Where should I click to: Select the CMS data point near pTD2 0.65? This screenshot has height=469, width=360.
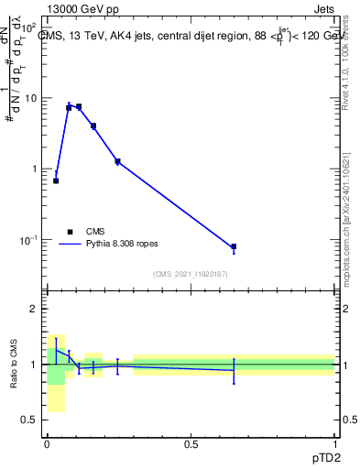coord(234,246)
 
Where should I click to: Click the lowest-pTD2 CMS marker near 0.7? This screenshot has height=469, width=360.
coord(56,180)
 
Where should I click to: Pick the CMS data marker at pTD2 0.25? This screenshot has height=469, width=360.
coord(117,161)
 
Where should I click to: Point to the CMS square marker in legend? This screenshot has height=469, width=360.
coord(70,232)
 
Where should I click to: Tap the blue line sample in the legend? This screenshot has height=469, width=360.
coord(71,245)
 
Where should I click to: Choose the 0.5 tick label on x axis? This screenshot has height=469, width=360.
coord(191,444)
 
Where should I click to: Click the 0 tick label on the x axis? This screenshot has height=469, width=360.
coord(47,444)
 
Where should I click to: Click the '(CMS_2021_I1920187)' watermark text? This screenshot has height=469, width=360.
coord(191,274)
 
